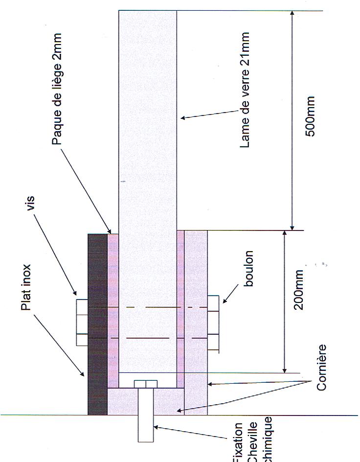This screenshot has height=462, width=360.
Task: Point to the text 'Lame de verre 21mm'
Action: click(x=245, y=90)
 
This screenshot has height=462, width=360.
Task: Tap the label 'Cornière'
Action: click(x=321, y=367)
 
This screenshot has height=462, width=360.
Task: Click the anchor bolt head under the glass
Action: click(x=145, y=384)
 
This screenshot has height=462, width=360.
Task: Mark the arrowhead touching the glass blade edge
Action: click(x=182, y=117)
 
